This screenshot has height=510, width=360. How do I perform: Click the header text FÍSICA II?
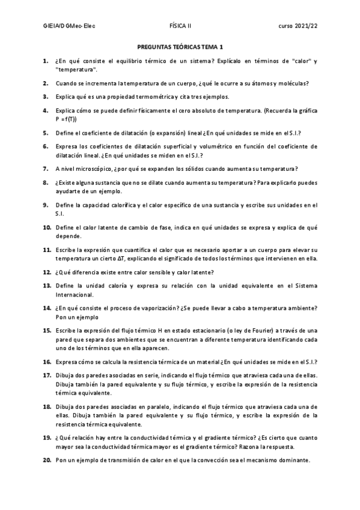click(180, 26)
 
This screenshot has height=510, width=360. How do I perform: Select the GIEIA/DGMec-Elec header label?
click(70, 26)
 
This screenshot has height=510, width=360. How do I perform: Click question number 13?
click(46, 284)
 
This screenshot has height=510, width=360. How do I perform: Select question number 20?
click(46, 460)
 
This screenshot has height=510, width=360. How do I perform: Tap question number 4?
click(46, 111)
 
